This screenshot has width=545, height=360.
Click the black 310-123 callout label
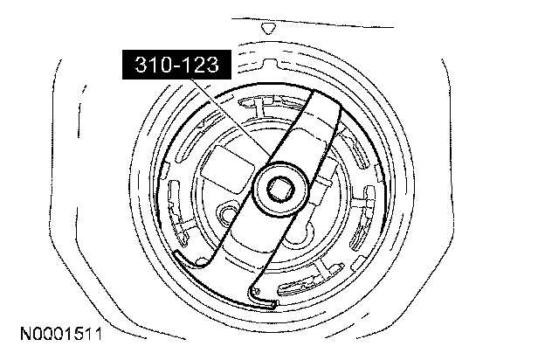pyautogui.click(x=176, y=65)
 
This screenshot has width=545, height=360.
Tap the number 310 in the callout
pyautogui.click(x=152, y=65)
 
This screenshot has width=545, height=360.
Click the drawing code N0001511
pyautogui.click(x=61, y=335)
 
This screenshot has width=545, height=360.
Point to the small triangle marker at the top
pyautogui.click(x=268, y=28)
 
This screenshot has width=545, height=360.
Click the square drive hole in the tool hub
pyautogui.click(x=281, y=189)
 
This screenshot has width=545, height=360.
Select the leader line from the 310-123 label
pyautogui.click(x=229, y=118)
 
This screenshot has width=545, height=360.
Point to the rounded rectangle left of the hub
pyautogui.click(x=228, y=170)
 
